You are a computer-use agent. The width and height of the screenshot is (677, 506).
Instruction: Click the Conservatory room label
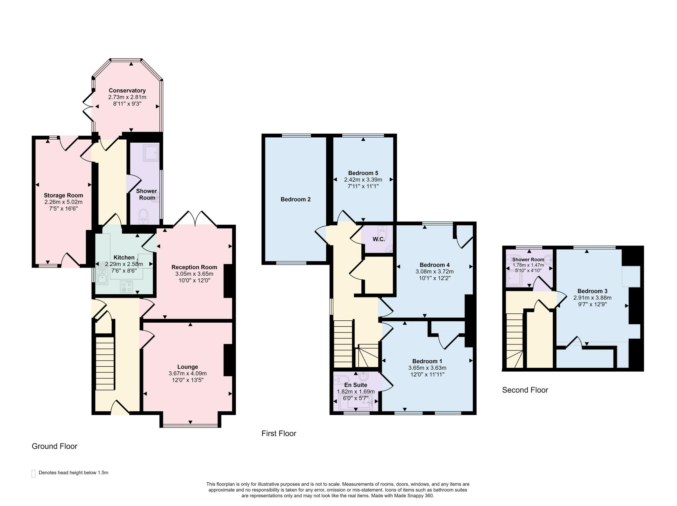tap(127, 91)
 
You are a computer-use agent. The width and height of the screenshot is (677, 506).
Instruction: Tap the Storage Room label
tap(63, 196)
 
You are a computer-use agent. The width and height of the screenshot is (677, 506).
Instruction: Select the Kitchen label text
tap(124, 257)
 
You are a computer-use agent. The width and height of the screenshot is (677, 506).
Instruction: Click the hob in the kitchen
tap(127, 286)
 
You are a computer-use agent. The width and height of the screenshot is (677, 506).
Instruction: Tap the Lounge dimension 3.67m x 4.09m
tap(187, 374)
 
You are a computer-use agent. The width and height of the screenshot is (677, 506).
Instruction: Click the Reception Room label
tap(194, 267)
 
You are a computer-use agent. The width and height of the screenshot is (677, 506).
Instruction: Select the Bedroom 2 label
tap(296, 199)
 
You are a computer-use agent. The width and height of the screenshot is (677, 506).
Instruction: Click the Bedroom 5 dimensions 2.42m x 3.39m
tap(363, 180)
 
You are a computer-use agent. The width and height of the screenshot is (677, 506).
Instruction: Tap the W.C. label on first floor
tap(379, 239)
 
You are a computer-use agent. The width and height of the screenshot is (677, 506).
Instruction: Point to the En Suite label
tap(356, 385)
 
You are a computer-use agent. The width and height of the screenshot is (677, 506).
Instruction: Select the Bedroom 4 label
tap(434, 265)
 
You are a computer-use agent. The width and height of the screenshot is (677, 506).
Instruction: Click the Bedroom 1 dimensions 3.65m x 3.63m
tap(427, 368)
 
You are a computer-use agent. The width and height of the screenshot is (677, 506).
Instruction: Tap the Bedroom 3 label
tap(592, 291)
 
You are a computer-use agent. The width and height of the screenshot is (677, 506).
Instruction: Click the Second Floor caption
tap(525, 390)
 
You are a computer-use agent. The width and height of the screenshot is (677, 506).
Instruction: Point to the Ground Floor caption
tap(55, 446)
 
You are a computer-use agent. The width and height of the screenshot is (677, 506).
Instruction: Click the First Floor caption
tap(279, 434)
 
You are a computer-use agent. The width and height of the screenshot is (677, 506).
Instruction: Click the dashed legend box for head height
tap(33, 474)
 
